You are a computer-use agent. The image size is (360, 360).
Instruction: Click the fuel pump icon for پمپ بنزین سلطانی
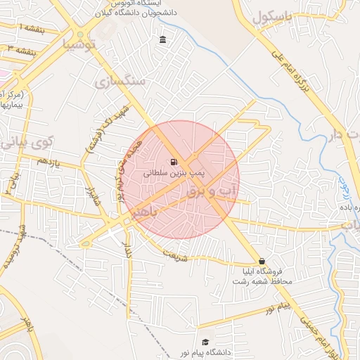coord(174,161)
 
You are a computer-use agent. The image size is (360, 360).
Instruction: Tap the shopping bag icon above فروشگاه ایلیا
coord(262,261)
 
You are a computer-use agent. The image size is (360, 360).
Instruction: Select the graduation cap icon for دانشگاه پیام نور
coord(205,342)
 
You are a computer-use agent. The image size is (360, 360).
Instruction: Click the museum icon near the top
coord(164,39)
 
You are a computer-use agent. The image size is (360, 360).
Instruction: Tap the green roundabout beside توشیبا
coord(81,34)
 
